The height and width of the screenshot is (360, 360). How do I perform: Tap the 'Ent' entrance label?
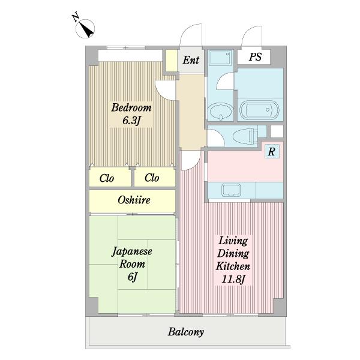pyautogui.click(x=191, y=59)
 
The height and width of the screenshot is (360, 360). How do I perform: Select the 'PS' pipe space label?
pyautogui.click(x=255, y=58)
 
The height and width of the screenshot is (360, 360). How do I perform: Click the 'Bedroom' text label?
pyautogui.click(x=131, y=108)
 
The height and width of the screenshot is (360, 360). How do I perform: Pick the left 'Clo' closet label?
pyautogui.click(x=107, y=178)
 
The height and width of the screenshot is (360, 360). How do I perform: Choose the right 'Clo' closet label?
pyautogui.click(x=151, y=178)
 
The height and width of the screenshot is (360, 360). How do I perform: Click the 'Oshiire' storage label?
pyautogui.click(x=133, y=200)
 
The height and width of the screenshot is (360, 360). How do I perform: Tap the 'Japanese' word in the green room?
pyautogui.click(x=132, y=251)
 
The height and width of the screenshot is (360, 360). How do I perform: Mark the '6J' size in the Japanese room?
pyautogui.click(x=133, y=278)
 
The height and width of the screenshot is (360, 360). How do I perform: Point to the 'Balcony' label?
pyautogui.click(x=186, y=332)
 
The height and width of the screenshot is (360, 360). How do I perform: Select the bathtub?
pyautogui.click(x=259, y=110)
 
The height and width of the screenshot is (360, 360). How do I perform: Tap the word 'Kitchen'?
pyautogui.click(x=233, y=266)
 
